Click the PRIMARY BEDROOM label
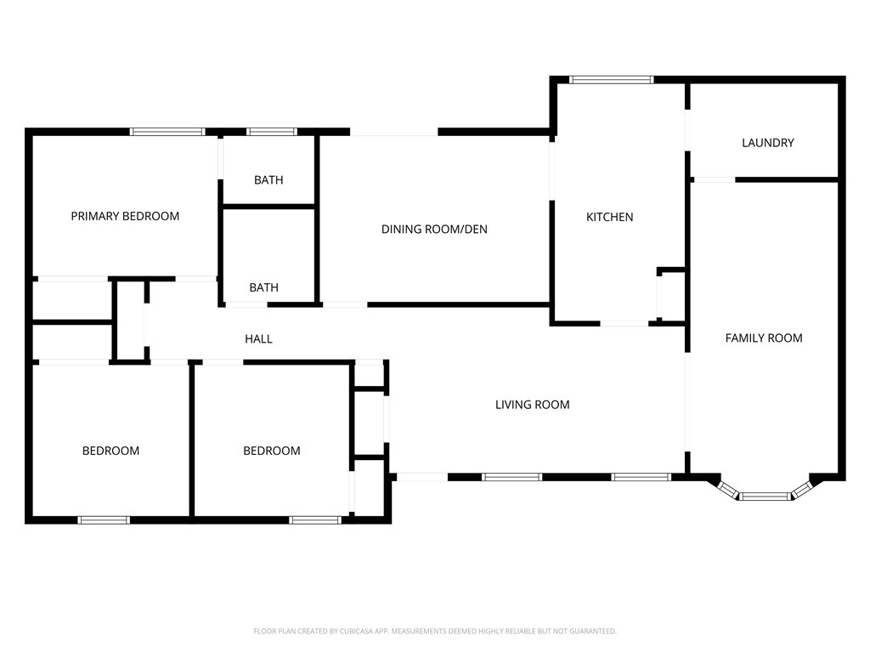pyautogui.click(x=125, y=216)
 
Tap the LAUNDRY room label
pyautogui.click(x=768, y=143)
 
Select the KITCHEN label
pyautogui.click(x=610, y=217)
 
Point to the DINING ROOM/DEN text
pyautogui.click(x=434, y=230)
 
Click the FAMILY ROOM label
pyautogui.click(x=764, y=338)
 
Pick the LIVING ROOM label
pyautogui.click(x=533, y=405)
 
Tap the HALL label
pyautogui.click(x=258, y=339)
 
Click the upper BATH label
pyautogui.click(x=268, y=180)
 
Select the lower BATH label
pyautogui.click(x=264, y=287)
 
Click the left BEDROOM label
pyautogui.click(x=111, y=451)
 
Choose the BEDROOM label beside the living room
pyautogui.click(x=272, y=451)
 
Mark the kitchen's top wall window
pyautogui.click(x=612, y=80)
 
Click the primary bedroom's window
pyautogui.click(x=167, y=132)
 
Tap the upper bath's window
pyautogui.click(x=272, y=132)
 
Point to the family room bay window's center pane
pyautogui.click(x=765, y=496)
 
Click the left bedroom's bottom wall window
pyautogui.click(x=104, y=520)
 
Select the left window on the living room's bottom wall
pyautogui.click(x=511, y=477)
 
